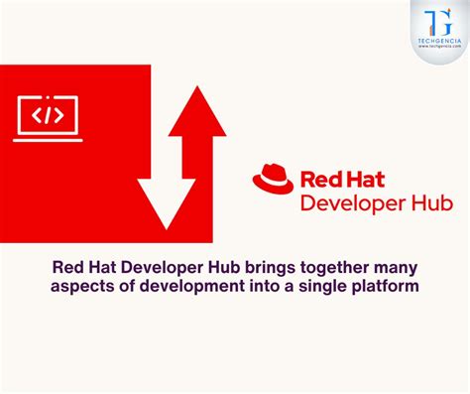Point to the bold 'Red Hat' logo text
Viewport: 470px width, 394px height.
(x=336, y=182)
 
